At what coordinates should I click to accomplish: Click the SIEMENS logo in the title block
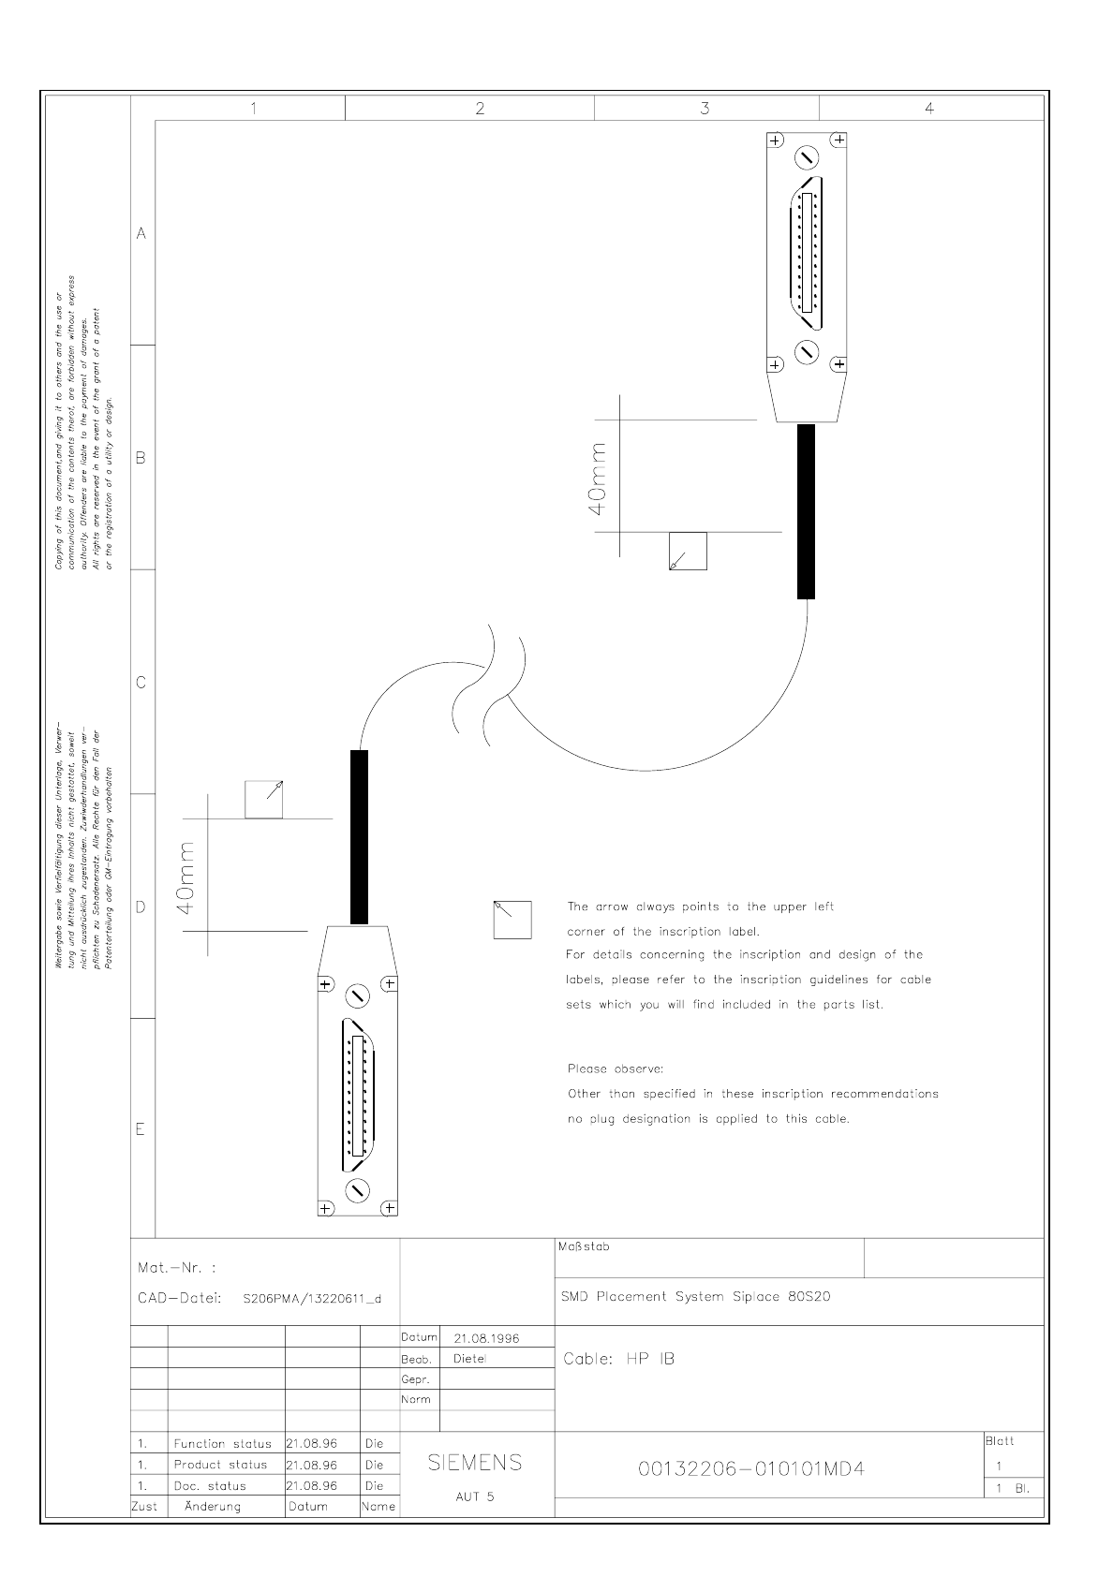click(x=475, y=1463)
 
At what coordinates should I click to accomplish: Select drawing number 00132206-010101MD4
click(x=751, y=1469)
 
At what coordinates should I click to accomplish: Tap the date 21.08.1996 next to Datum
click(x=486, y=1338)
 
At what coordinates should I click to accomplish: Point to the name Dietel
click(x=470, y=1359)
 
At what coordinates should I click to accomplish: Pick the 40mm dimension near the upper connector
click(x=598, y=477)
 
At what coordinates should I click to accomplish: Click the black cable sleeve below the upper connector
click(x=806, y=511)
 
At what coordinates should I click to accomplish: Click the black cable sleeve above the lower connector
click(x=359, y=837)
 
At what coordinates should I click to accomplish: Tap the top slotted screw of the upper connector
click(x=808, y=156)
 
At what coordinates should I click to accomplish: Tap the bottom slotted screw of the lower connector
click(x=358, y=1189)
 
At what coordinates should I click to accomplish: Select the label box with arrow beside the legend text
click(x=512, y=920)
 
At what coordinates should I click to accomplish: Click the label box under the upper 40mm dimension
click(x=688, y=551)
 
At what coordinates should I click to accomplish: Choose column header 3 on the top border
click(x=705, y=108)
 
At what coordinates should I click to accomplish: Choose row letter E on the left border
click(x=141, y=1128)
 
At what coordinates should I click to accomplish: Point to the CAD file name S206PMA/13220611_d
click(x=312, y=1299)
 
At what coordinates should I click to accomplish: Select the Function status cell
click(x=222, y=1443)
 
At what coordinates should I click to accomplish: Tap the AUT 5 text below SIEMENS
click(x=475, y=1496)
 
